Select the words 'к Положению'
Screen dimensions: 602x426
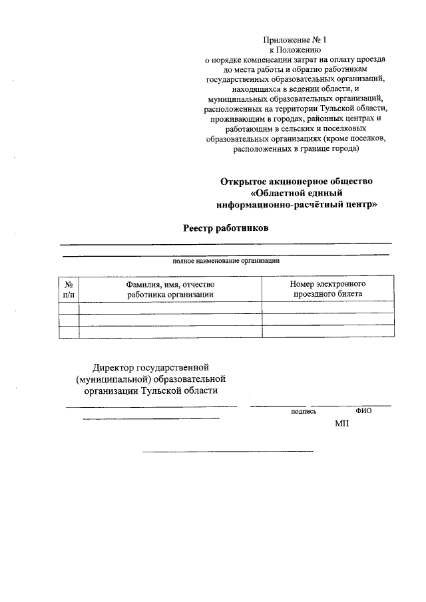296,50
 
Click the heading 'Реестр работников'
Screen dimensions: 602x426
226,228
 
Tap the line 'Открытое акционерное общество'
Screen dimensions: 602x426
297,181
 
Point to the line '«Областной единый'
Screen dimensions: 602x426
297,193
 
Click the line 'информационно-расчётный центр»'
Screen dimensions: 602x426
297,205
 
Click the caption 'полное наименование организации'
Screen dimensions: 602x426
226,261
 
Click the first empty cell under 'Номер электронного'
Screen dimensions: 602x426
327,307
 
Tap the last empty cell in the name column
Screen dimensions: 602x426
170,331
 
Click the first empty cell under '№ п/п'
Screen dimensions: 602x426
69,307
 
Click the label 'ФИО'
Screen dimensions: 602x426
363,411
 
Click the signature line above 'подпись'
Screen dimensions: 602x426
278,406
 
